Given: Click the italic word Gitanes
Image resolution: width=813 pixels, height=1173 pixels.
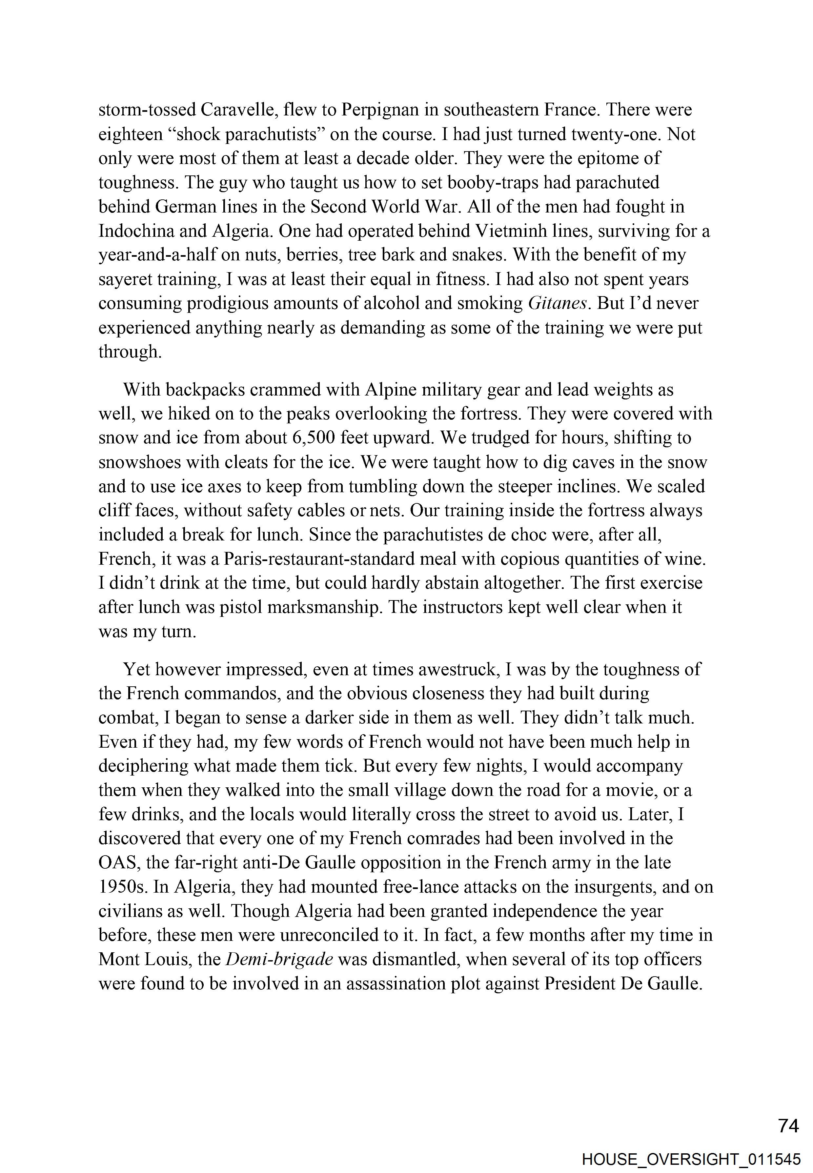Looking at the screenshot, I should (x=559, y=304).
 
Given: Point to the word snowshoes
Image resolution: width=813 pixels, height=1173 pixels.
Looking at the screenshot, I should (x=142, y=462).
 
